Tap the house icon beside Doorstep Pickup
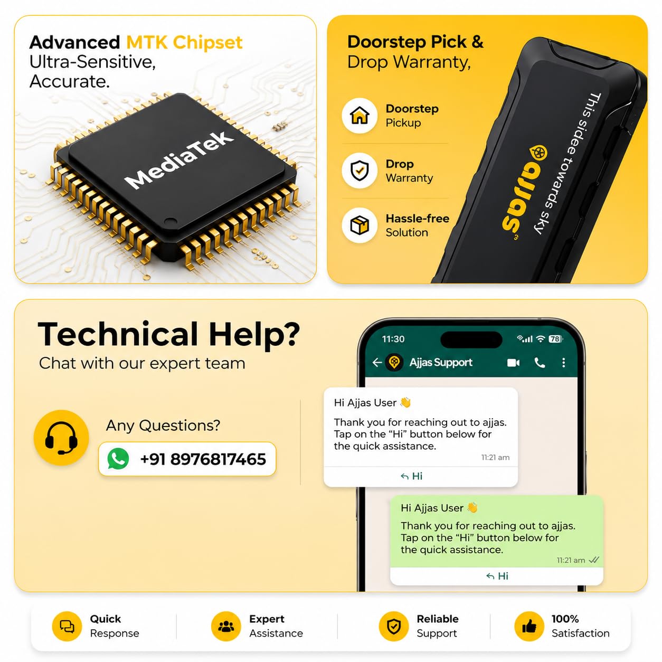click(x=360, y=115)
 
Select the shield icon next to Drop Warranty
click(x=360, y=170)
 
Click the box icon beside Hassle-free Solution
click(x=360, y=225)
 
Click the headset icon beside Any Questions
click(x=61, y=437)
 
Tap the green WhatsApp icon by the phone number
click(x=118, y=459)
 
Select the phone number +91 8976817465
click(x=203, y=459)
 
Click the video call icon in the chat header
click(x=513, y=363)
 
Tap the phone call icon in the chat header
click(x=540, y=363)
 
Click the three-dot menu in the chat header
click(x=563, y=363)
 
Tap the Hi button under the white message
click(x=411, y=476)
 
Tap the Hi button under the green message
click(x=497, y=576)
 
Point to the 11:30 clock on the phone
click(x=393, y=339)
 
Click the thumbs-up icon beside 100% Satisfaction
click(x=529, y=626)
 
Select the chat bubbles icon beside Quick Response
click(x=67, y=626)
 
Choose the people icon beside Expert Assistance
click(x=226, y=626)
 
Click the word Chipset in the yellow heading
click(x=207, y=43)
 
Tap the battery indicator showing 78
click(x=555, y=339)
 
